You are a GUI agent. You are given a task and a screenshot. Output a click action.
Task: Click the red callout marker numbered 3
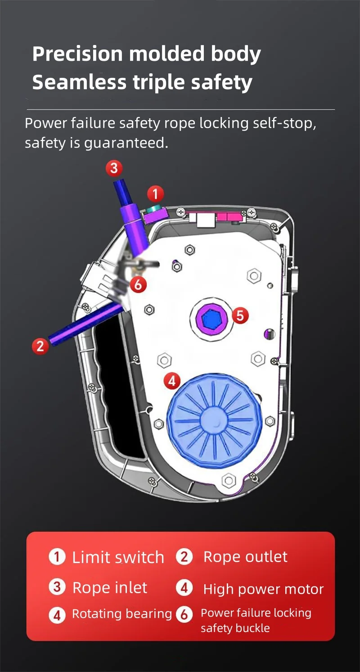[114, 168]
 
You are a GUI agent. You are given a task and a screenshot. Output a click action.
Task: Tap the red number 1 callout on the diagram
[155, 194]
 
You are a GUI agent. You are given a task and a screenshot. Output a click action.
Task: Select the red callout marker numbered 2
[40, 346]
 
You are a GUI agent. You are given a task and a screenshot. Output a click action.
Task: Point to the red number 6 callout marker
[138, 284]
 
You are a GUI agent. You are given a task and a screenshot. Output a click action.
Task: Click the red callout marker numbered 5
[240, 316]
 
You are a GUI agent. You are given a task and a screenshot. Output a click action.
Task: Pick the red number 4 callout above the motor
[172, 381]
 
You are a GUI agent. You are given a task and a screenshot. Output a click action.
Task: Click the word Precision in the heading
[77, 54]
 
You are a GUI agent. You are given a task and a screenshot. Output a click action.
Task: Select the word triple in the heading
[159, 82]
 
